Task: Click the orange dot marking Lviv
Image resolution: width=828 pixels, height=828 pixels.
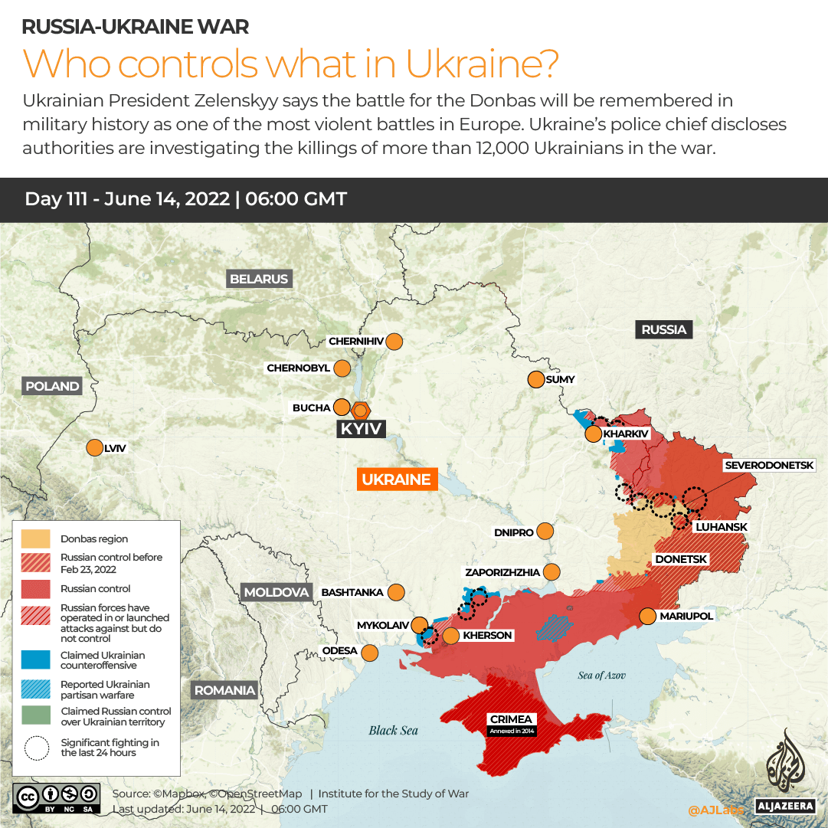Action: pyautogui.click(x=94, y=448)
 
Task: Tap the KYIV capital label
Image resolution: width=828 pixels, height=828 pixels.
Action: pyautogui.click(x=361, y=429)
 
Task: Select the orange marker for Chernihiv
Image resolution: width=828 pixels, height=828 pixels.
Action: pyautogui.click(x=394, y=342)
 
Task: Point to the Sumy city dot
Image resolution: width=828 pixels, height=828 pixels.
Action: pyautogui.click(x=535, y=379)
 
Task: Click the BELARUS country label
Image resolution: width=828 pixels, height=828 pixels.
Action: pyautogui.click(x=259, y=279)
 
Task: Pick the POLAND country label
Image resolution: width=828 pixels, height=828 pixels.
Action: pyautogui.click(x=52, y=386)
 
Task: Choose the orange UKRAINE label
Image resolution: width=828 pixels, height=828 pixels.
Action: pyautogui.click(x=396, y=479)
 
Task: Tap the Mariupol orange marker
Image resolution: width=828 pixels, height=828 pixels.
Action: pyautogui.click(x=647, y=616)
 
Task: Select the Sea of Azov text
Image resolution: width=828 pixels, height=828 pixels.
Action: pyautogui.click(x=601, y=675)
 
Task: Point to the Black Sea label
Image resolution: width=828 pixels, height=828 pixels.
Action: pyautogui.click(x=393, y=730)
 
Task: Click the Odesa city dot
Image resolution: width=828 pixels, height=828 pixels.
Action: pyautogui.click(x=369, y=653)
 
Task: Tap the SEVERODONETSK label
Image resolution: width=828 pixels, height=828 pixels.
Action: pyautogui.click(x=775, y=465)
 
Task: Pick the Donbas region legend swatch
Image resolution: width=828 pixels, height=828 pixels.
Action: pyautogui.click(x=36, y=539)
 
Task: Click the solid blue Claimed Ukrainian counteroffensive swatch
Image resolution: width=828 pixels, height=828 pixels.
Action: pyautogui.click(x=36, y=659)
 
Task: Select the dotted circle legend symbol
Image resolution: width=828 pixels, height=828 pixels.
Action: pyautogui.click(x=36, y=748)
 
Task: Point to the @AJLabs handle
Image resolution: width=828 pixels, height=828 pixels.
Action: pyautogui.click(x=715, y=810)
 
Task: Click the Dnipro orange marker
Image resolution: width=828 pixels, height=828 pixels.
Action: pyautogui.click(x=545, y=532)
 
